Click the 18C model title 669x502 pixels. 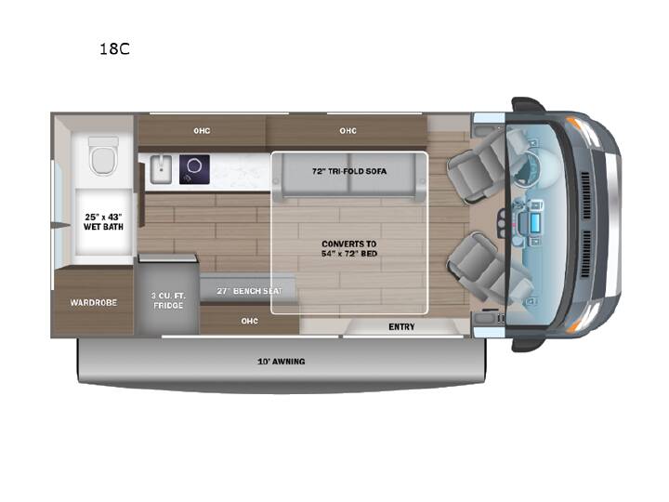[x=114, y=48]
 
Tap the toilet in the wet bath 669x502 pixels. [x=104, y=155]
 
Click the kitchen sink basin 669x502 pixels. [x=161, y=169]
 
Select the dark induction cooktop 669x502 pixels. [x=194, y=169]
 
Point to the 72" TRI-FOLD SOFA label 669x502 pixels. [x=349, y=172]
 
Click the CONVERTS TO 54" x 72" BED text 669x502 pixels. [x=349, y=248]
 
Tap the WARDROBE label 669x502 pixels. [x=94, y=303]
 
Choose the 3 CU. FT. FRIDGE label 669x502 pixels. [x=168, y=300]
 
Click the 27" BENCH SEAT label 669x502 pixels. [x=249, y=291]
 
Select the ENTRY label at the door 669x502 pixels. [x=401, y=327]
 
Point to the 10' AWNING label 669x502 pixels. [x=282, y=362]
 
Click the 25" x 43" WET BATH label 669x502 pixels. [x=103, y=222]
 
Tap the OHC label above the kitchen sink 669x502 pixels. [x=202, y=131]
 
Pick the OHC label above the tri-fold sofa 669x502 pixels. [x=348, y=131]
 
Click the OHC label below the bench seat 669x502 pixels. [x=249, y=321]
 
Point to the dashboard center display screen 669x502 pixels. [x=535, y=222]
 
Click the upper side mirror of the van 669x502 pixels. [x=528, y=104]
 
